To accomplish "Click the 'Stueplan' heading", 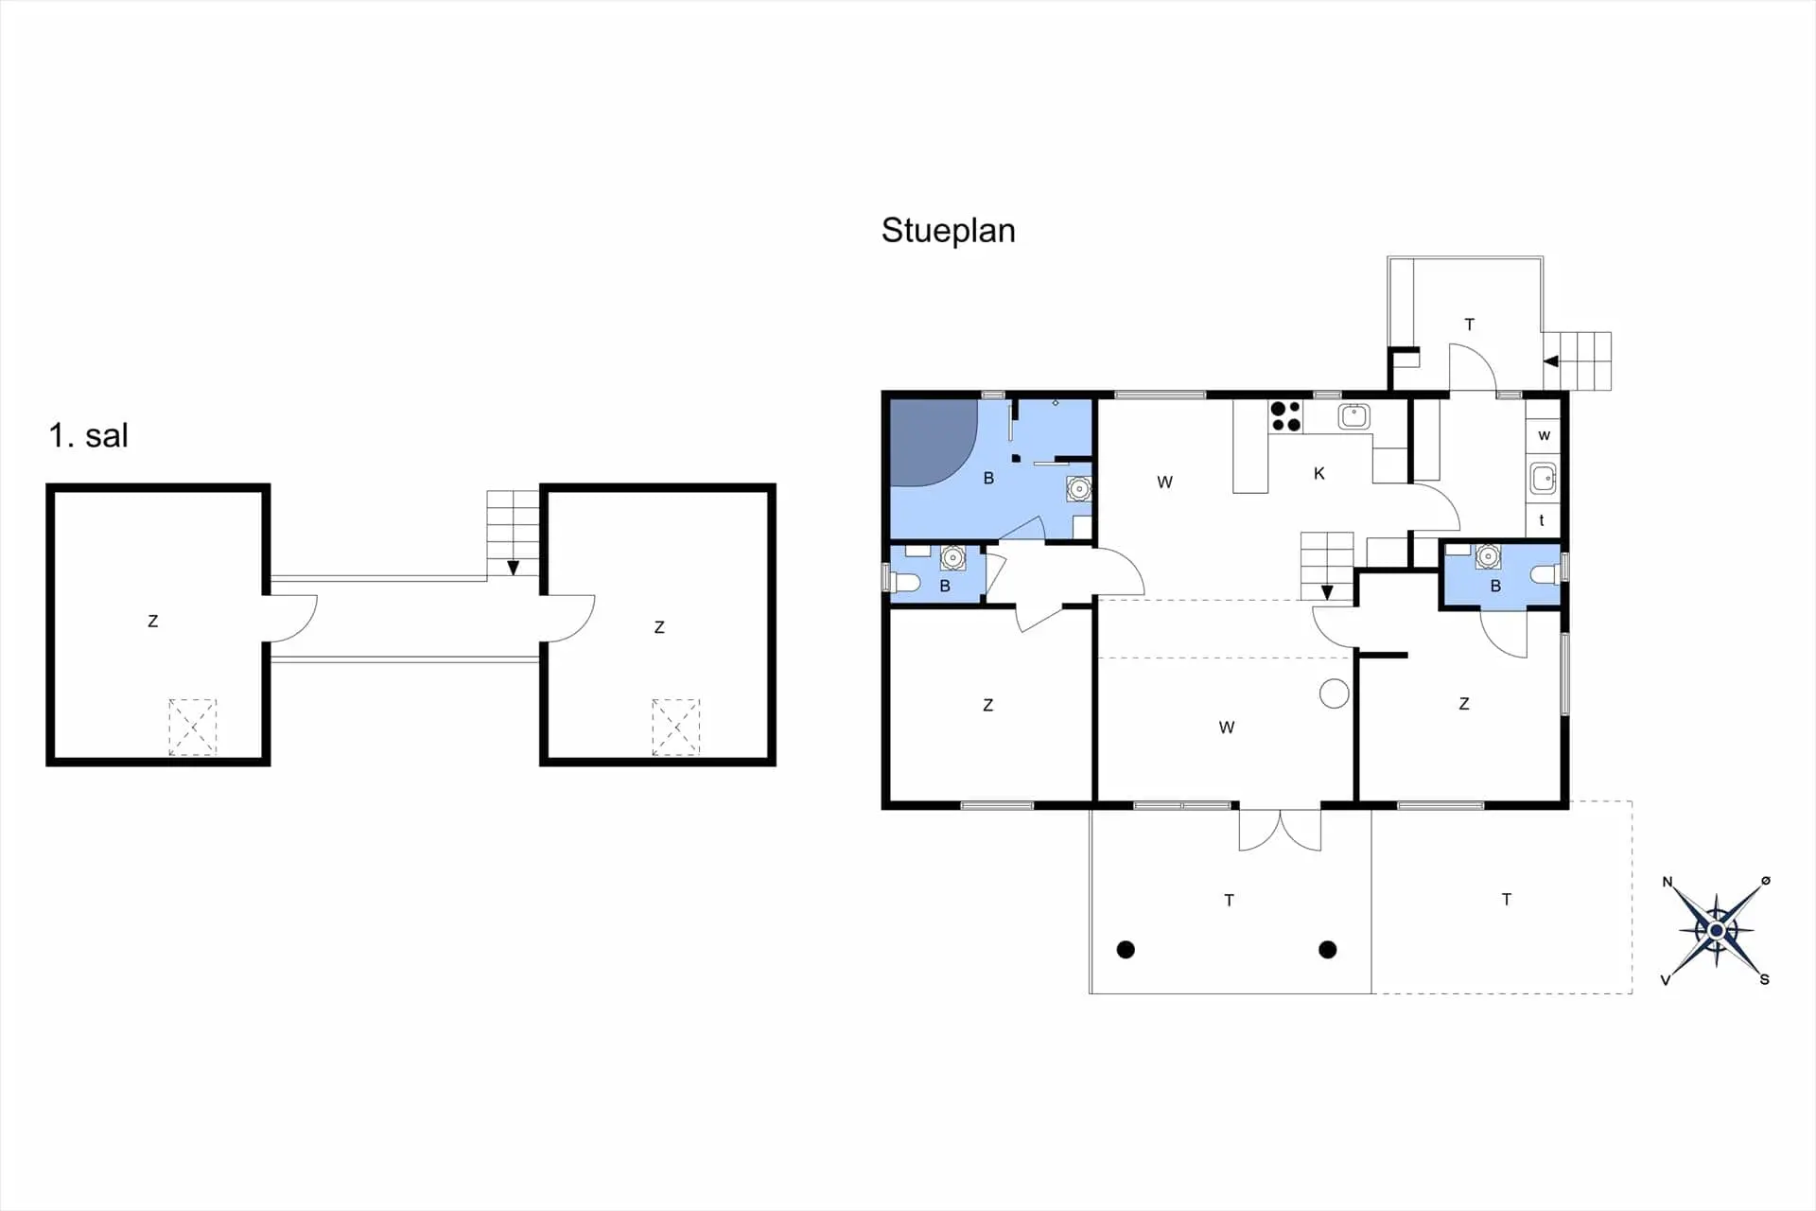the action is click(x=948, y=231).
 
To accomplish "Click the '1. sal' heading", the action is click(x=88, y=435).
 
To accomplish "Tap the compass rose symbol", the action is click(x=1716, y=931).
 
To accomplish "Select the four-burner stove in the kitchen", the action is click(x=1285, y=416).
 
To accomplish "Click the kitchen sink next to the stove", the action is click(x=1354, y=415).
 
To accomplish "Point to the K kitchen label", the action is click(x=1319, y=474).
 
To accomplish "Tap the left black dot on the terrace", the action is click(x=1126, y=949).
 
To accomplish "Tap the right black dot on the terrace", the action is click(x=1328, y=949).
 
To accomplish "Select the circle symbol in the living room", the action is click(x=1335, y=693).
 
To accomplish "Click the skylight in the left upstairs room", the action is click(x=193, y=727).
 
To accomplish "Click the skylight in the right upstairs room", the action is click(x=675, y=727).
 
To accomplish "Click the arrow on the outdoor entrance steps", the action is click(x=1551, y=361).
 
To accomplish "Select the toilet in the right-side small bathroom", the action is click(x=1545, y=574).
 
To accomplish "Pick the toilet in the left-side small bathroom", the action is click(x=905, y=579).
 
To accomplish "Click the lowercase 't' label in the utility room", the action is click(x=1542, y=520).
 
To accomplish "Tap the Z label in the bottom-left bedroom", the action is click(x=988, y=705).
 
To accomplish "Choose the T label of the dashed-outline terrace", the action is click(x=1507, y=899).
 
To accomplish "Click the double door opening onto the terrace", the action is click(x=1280, y=830).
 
